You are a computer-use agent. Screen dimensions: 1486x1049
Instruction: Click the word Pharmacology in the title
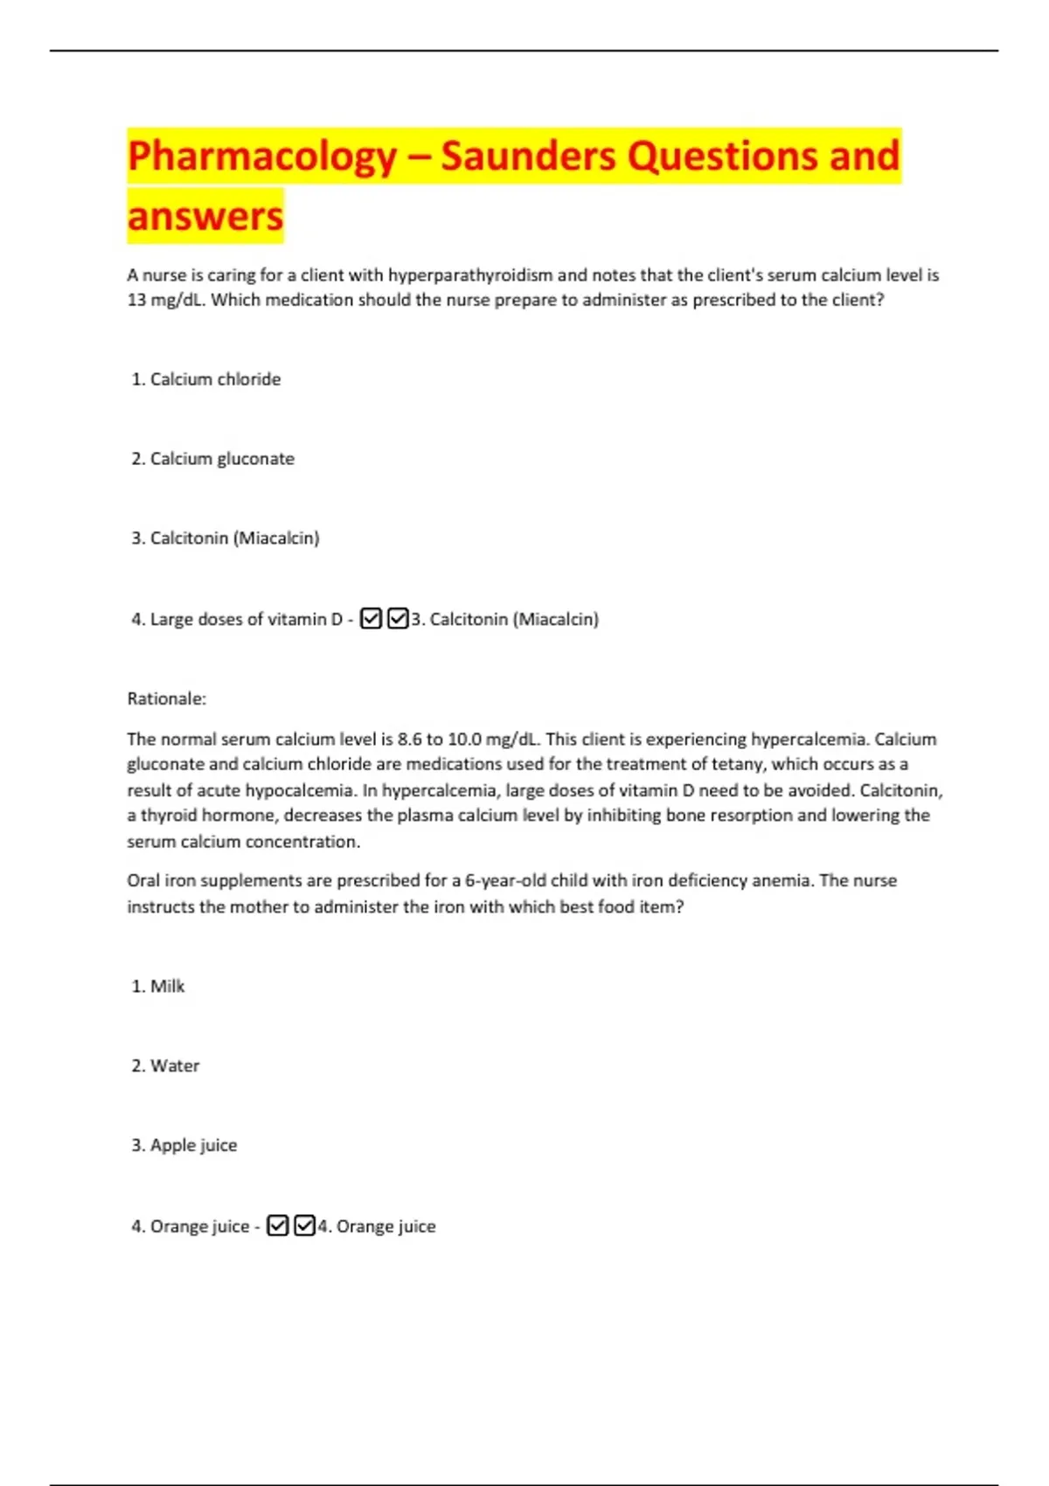pos(262,157)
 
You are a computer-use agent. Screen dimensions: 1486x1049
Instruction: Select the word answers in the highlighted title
pos(205,216)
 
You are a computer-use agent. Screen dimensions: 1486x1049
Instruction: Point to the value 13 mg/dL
pos(165,300)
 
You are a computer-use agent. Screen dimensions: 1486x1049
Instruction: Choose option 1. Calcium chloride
pos(206,379)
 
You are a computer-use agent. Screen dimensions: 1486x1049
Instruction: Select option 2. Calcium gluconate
pos(213,459)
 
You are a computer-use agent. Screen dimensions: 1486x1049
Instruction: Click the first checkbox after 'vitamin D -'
pos(371,619)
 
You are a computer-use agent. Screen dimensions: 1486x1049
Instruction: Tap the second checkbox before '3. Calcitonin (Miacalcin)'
pos(398,619)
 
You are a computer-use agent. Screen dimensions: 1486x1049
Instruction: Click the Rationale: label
pos(167,698)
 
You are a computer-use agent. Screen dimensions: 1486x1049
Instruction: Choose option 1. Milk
pos(158,986)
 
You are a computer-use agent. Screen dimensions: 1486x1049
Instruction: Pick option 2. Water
pos(165,1066)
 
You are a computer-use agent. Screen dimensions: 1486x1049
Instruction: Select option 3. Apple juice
pos(184,1145)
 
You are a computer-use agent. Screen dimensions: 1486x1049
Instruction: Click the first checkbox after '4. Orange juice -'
pos(277,1226)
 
